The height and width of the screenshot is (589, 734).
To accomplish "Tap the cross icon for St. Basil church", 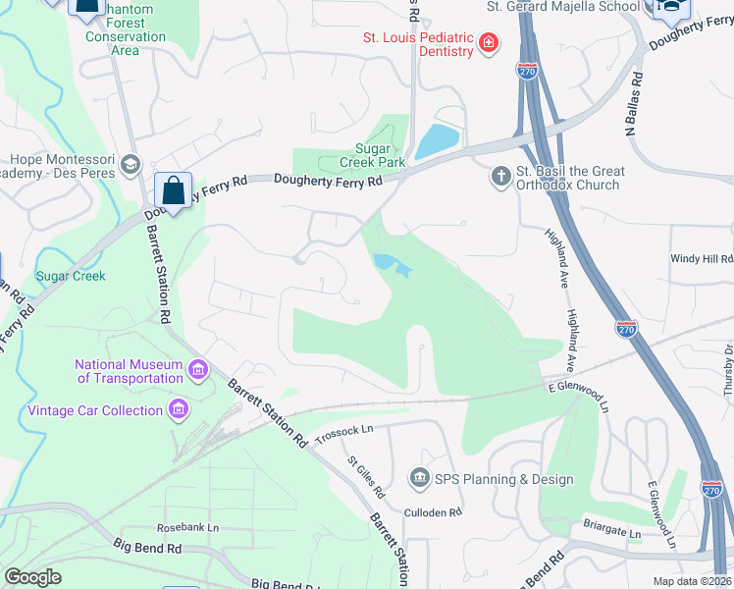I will coord(500,177).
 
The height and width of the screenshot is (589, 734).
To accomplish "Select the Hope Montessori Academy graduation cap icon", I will coord(131,166).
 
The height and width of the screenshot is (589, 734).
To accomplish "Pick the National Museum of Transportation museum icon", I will coord(198,370).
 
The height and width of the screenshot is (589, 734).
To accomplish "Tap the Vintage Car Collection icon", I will coord(179,409).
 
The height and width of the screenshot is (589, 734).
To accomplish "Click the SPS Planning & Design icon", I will coord(420,478).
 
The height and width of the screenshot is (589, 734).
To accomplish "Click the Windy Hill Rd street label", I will coord(701,259).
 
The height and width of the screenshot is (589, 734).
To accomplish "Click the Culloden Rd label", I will coord(434,512).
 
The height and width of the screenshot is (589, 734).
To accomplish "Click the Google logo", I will coord(32,577).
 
